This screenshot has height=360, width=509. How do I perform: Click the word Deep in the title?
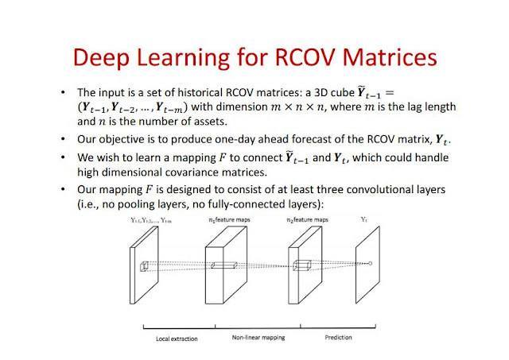101,58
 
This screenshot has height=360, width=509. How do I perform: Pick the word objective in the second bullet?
122,139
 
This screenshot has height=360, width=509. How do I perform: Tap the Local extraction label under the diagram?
177,339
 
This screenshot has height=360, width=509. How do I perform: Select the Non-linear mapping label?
258,338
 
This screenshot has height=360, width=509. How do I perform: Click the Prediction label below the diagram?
338,337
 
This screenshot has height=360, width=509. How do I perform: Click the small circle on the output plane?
371,263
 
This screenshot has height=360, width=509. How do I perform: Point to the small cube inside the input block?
144,266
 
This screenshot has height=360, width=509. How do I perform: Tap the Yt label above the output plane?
364,219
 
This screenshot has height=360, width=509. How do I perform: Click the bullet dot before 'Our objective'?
63,139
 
